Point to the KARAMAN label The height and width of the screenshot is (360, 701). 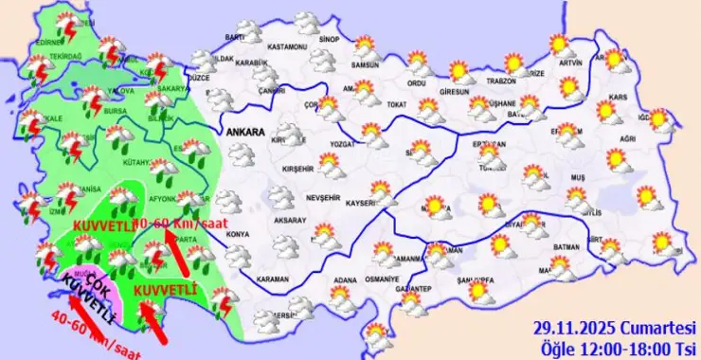point(273,280)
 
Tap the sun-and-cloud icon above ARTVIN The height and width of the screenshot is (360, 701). point(561,45)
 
